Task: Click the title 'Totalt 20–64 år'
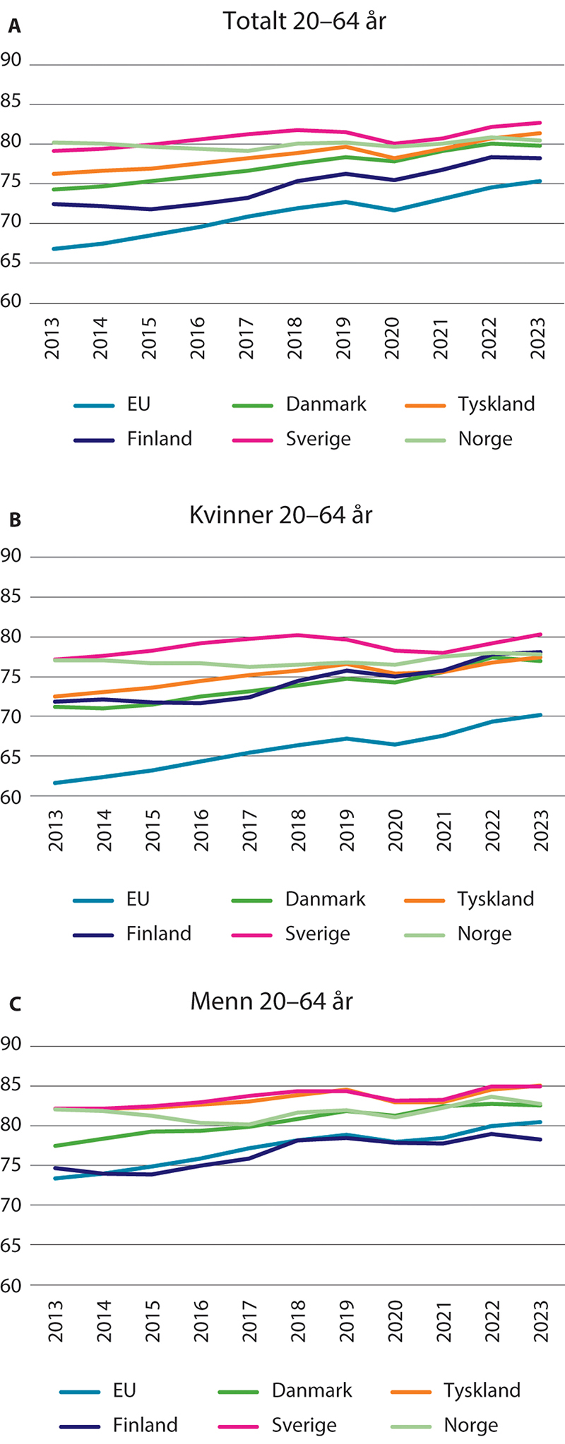[x=304, y=21]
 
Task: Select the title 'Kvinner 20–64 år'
[x=280, y=515]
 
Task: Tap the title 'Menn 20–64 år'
[x=271, y=1001]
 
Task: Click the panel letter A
[x=13, y=28]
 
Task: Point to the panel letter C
[x=14, y=1004]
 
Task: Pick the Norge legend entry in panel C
[x=470, y=1425]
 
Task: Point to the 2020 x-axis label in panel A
[x=393, y=338]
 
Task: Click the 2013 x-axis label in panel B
[x=55, y=831]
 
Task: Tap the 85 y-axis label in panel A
[x=11, y=102]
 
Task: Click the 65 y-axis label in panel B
[x=11, y=756]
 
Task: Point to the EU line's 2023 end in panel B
[x=540, y=715]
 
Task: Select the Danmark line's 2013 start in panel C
[x=54, y=1145]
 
